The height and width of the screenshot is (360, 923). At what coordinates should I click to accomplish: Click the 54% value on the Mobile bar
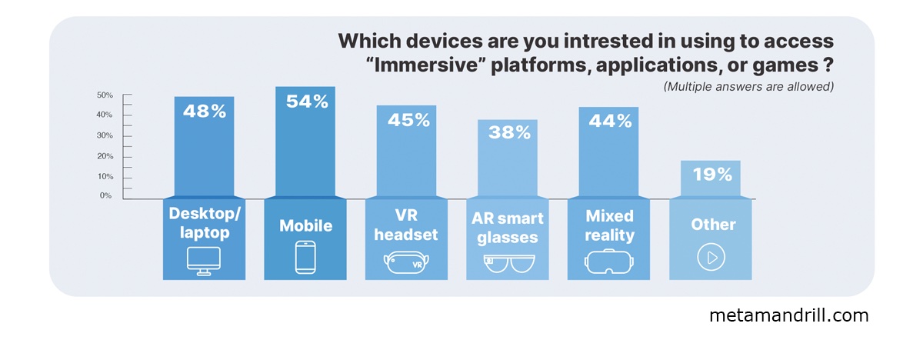pos(306,102)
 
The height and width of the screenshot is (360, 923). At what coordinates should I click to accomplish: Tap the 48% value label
pos(205,112)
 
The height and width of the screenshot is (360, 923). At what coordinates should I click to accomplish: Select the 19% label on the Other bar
pos(711,175)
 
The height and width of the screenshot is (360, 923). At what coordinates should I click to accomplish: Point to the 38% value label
pos(508,132)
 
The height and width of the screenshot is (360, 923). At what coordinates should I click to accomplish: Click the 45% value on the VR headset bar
pos(408,120)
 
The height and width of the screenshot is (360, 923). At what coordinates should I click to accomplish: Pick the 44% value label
pos(610,121)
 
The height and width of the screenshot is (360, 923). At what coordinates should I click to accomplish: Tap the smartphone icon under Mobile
pos(305,258)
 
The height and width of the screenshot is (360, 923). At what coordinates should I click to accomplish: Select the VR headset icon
pos(407,262)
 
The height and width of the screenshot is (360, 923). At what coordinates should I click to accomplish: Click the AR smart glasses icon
pos(508,262)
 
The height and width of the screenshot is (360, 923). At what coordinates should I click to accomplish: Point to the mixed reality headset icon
pos(609,261)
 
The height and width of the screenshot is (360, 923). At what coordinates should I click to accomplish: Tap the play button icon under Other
pos(711,258)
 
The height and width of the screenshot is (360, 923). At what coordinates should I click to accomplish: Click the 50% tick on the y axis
pos(105,95)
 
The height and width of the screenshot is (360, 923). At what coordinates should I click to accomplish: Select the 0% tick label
pos(105,196)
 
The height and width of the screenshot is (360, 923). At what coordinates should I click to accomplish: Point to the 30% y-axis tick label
pos(105,135)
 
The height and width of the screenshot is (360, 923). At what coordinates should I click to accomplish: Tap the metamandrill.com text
pos(788,315)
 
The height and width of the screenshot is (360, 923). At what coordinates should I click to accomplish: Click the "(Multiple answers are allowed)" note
pos(748,87)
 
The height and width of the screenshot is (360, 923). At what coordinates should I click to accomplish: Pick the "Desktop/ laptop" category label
pos(204,222)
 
